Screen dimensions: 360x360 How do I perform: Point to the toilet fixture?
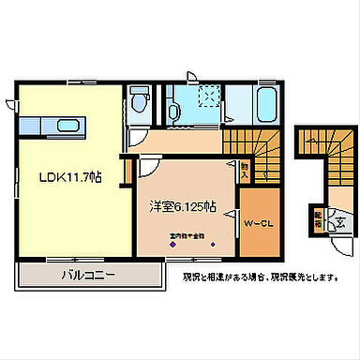[x=142, y=97]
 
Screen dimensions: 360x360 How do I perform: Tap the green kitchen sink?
[x=67, y=126]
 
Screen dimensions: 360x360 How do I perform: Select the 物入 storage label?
[x=243, y=170]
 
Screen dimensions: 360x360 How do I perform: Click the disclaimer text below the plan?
[x=260, y=277]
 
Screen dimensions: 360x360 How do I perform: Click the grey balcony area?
[x=89, y=276]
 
